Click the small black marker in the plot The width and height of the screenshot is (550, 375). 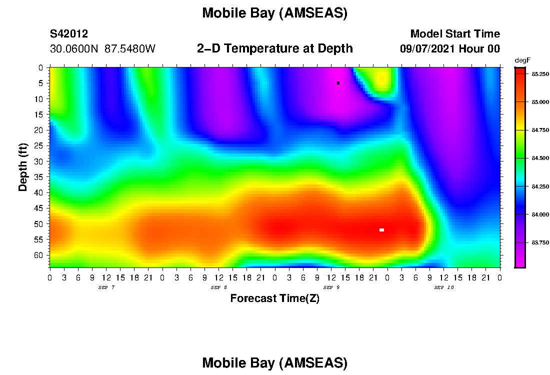click(x=338, y=83)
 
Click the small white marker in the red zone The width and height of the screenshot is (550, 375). click(x=381, y=230)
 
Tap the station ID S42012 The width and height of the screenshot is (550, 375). click(x=69, y=34)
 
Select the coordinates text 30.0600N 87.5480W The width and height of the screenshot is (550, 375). click(x=102, y=49)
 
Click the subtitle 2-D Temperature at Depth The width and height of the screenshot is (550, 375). click(x=275, y=48)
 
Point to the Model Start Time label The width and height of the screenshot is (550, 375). click(x=455, y=34)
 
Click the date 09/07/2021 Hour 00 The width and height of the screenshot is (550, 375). click(x=450, y=49)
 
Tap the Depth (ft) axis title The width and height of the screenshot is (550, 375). click(x=23, y=167)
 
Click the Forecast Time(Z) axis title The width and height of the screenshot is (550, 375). click(x=274, y=298)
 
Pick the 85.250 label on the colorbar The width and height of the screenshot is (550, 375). click(x=540, y=74)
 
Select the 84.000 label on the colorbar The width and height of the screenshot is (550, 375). click(x=540, y=214)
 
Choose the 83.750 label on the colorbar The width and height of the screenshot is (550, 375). click(x=540, y=243)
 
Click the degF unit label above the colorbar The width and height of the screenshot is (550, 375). click(x=522, y=60)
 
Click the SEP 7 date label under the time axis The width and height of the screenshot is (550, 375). click(x=106, y=287)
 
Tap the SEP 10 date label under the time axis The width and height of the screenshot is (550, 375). click(x=444, y=287)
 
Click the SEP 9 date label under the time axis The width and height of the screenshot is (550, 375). click(x=331, y=287)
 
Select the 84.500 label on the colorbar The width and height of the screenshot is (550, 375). click(x=540, y=158)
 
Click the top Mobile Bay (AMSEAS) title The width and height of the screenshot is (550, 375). click(x=275, y=13)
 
